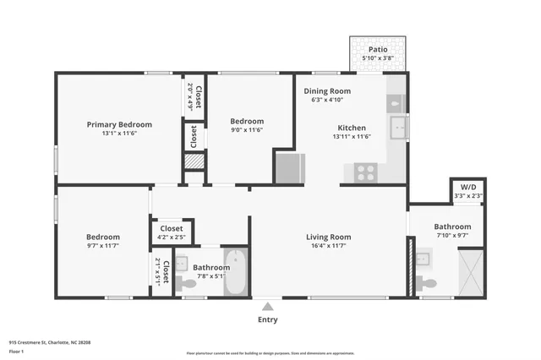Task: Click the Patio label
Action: point(378,50)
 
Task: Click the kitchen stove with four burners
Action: point(365,172)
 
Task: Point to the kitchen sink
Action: point(398,128)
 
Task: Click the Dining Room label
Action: point(327,90)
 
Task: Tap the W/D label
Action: point(467,188)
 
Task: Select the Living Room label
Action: point(328,237)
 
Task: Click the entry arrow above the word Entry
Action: point(267,307)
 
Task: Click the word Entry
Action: point(267,319)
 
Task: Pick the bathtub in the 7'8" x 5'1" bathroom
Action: point(235,273)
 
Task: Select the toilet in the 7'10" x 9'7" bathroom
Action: point(429,281)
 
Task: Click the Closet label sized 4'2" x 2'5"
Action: point(172,228)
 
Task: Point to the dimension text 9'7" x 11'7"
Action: point(102,247)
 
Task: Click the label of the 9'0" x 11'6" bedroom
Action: point(247,121)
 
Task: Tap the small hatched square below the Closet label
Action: point(194,161)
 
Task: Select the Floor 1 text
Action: point(16,350)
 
